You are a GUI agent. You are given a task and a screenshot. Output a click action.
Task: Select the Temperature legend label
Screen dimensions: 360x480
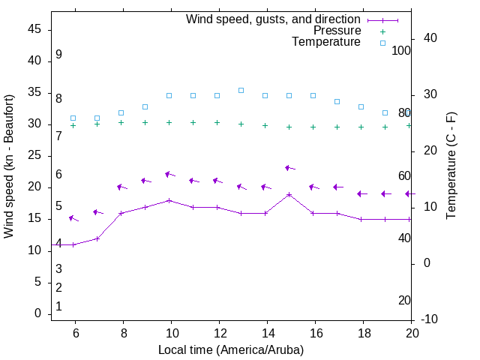[x=326, y=42]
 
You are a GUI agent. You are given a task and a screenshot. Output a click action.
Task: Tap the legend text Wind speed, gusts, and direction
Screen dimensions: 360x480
[x=273, y=19]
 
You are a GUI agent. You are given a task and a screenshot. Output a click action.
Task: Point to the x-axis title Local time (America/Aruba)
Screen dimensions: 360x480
[x=231, y=349]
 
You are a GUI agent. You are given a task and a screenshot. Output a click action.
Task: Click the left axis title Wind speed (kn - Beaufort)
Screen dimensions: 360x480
[x=9, y=166]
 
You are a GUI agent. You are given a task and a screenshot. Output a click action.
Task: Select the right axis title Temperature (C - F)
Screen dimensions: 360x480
[x=451, y=166]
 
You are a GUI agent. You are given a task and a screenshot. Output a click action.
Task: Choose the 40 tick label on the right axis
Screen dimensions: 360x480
[x=425, y=38]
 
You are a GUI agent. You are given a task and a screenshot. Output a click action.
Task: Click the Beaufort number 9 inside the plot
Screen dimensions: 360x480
[x=58, y=55]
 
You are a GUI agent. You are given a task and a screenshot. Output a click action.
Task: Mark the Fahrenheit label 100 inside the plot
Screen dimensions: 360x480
[x=402, y=50]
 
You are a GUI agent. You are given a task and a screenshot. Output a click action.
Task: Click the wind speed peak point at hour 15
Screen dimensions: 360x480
[x=289, y=194]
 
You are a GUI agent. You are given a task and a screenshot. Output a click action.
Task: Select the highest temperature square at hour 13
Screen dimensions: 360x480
[x=241, y=90]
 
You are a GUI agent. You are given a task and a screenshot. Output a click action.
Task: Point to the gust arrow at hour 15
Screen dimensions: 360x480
[x=290, y=168]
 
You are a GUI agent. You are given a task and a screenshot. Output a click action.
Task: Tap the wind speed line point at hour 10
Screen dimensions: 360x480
[x=169, y=200]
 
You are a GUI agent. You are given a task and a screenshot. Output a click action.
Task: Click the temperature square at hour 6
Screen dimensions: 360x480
[x=73, y=118]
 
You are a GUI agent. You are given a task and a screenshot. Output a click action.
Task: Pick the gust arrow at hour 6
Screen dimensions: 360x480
[x=73, y=218]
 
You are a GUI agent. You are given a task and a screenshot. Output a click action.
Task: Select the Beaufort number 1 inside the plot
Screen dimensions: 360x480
[x=58, y=307]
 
